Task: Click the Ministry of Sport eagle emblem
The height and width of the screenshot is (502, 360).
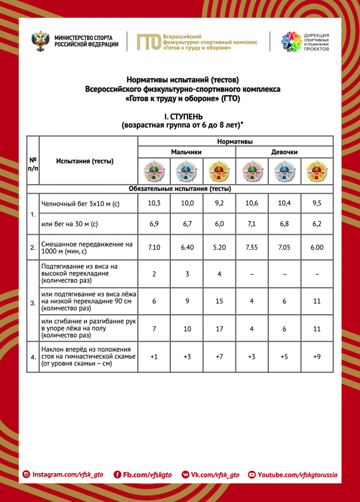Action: [41, 41]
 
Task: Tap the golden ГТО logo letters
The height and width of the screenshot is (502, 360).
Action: [148, 42]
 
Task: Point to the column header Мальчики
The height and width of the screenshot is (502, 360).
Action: [186, 152]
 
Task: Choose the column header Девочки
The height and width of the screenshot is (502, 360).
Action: [284, 152]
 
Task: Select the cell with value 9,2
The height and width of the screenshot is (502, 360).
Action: [219, 203]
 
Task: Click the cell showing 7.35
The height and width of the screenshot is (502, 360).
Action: [252, 248]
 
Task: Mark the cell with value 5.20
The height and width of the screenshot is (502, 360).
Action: [219, 248]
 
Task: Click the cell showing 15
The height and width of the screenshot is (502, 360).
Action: [219, 301]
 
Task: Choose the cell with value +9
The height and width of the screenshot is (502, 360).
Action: [317, 356]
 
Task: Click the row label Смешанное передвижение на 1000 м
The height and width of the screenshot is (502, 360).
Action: [87, 248]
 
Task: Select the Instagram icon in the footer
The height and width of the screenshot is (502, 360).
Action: [26, 475]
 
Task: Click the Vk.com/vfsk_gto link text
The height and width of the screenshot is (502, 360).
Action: [215, 475]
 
